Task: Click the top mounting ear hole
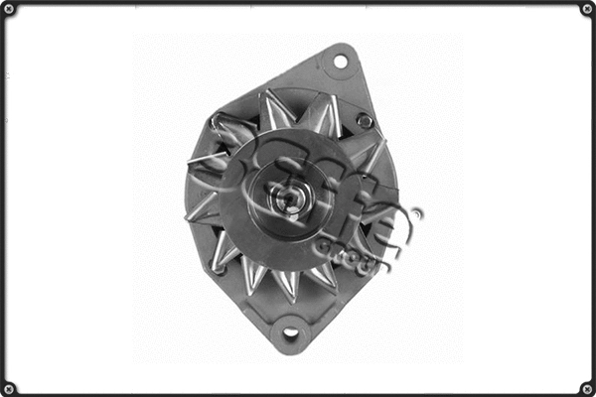coord(340,62)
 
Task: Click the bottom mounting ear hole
coord(290,331)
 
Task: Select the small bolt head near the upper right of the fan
coord(365,121)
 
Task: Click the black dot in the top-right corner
coord(584,11)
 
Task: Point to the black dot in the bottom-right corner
coord(584,386)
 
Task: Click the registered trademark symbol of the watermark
coord(417,213)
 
